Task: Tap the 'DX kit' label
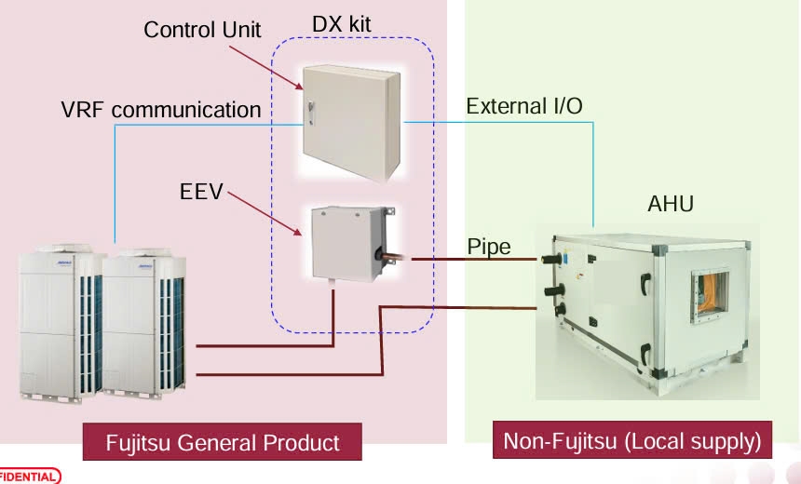pyautogui.click(x=340, y=23)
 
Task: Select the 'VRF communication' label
pyautogui.click(x=161, y=110)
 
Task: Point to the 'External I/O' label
pyautogui.click(x=524, y=105)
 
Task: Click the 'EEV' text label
pyautogui.click(x=201, y=193)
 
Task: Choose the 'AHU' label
pyautogui.click(x=671, y=204)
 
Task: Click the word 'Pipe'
pyautogui.click(x=488, y=247)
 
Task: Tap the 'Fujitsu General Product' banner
pyautogui.click(x=223, y=441)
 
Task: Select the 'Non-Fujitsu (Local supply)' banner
pyautogui.click(x=632, y=439)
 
